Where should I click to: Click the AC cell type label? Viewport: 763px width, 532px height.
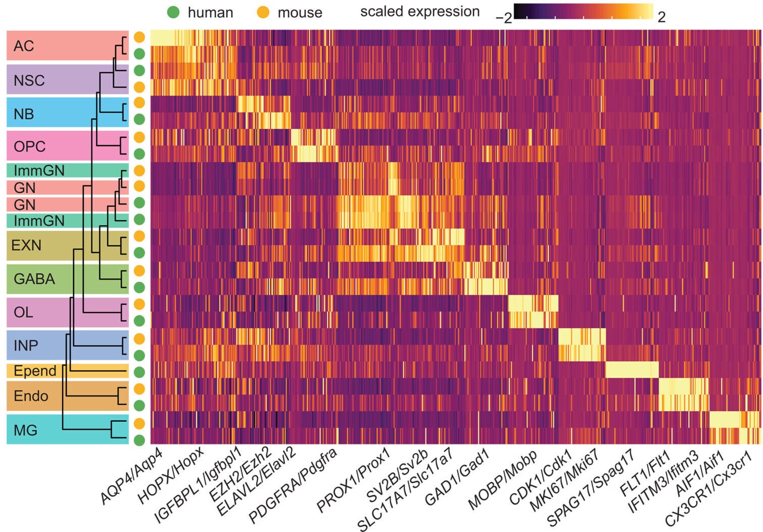point(24,46)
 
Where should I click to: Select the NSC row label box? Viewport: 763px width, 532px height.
point(29,80)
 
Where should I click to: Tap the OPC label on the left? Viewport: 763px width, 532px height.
point(29,147)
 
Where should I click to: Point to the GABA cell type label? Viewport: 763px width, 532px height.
point(34,279)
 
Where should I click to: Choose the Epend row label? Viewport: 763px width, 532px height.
point(35,371)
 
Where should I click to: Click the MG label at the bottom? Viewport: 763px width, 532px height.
point(25,430)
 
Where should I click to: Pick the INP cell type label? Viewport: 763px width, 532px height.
point(26,346)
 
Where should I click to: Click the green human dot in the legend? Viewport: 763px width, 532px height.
point(173,12)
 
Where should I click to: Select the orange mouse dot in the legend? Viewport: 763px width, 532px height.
point(263,12)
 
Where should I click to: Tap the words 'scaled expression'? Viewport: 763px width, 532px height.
point(419,12)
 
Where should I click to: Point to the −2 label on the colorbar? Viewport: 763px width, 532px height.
point(503,18)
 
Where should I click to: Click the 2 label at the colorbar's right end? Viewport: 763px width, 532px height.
point(661,17)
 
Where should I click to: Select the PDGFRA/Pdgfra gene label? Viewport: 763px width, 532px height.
point(293,485)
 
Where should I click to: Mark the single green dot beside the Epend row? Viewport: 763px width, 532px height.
point(139,372)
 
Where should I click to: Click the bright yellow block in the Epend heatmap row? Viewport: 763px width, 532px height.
point(632,370)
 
